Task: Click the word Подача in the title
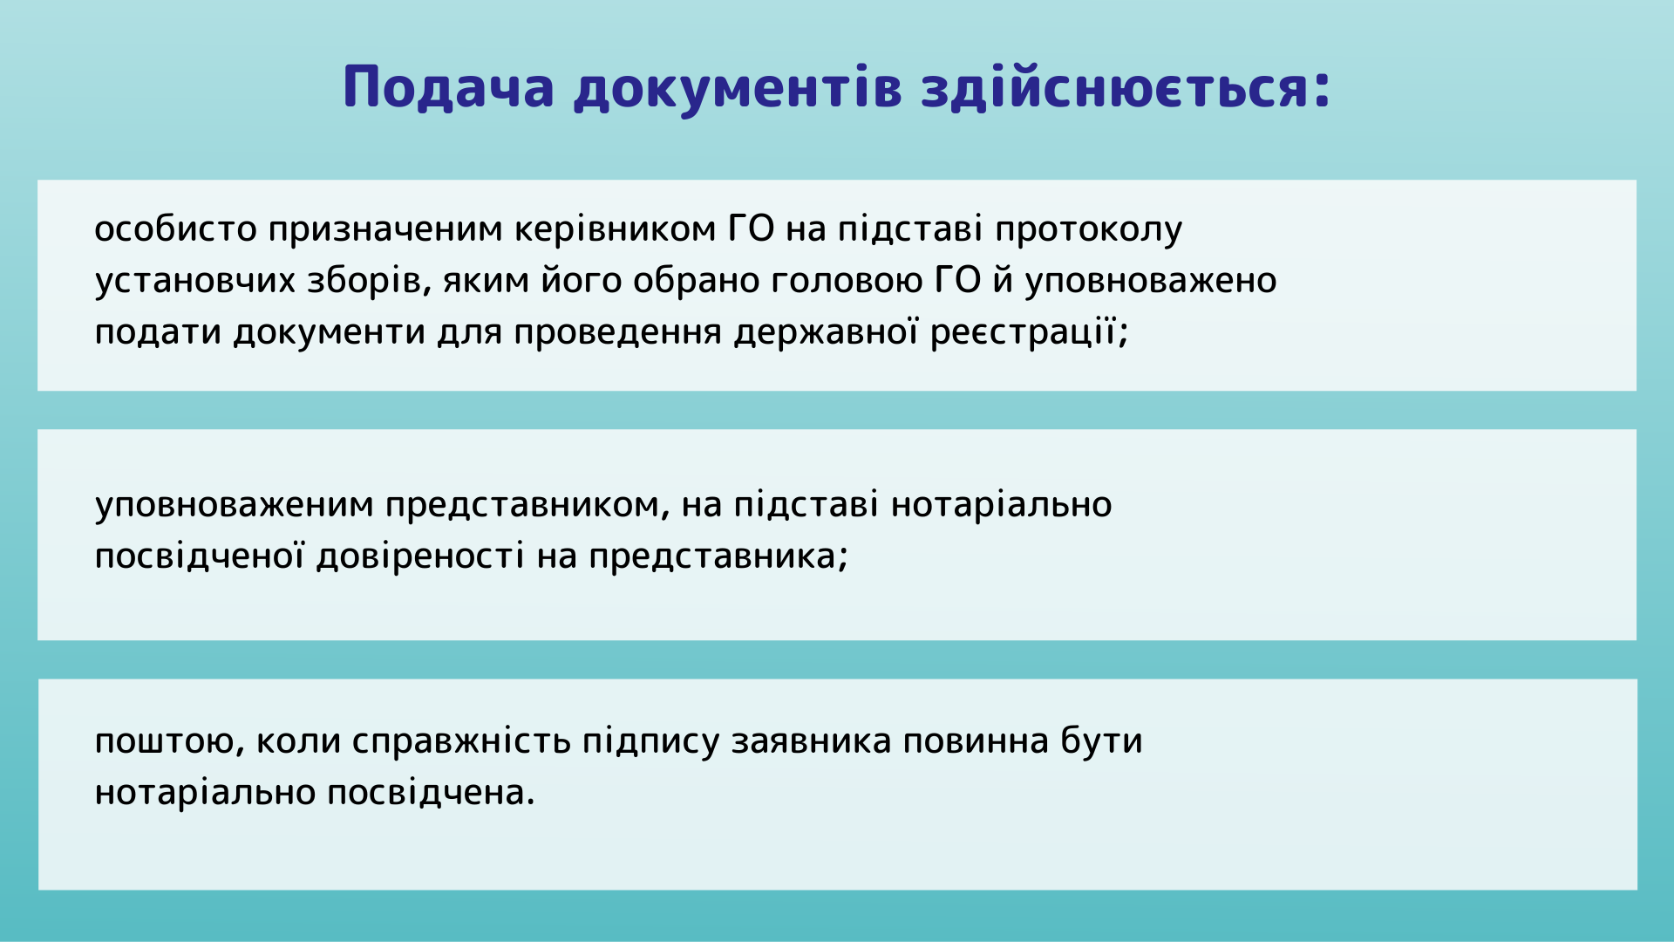click(449, 88)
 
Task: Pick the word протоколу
click(1088, 230)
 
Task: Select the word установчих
click(195, 281)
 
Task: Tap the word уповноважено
click(1151, 282)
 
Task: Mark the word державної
click(826, 332)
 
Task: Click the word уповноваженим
click(235, 505)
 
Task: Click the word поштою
click(169, 741)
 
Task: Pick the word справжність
click(462, 741)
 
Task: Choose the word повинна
click(976, 741)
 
